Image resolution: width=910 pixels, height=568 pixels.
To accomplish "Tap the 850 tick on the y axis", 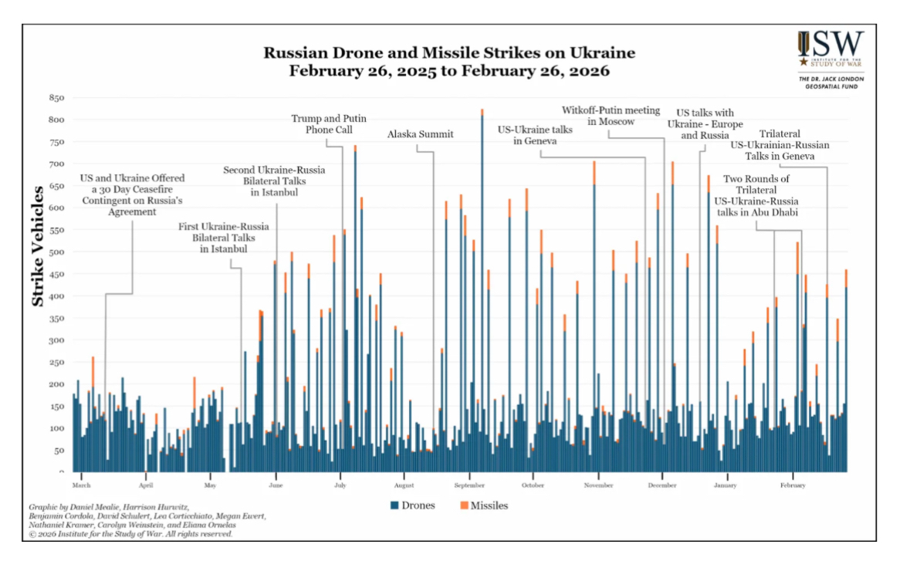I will (x=56, y=98).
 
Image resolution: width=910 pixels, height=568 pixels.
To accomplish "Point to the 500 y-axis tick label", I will (x=56, y=252).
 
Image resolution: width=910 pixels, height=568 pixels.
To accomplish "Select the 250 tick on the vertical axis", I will (x=56, y=362).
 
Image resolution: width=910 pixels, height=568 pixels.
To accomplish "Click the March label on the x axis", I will (x=81, y=485).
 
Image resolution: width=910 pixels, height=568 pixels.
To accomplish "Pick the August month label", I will (x=404, y=485).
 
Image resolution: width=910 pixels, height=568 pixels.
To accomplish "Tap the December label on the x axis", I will (x=662, y=485).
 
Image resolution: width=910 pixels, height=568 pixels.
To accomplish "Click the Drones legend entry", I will (x=413, y=505).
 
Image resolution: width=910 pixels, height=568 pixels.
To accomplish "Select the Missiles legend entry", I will (x=484, y=505).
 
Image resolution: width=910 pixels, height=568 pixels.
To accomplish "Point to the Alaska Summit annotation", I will (x=420, y=134).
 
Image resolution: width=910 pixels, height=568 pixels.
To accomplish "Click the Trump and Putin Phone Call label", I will (x=328, y=124).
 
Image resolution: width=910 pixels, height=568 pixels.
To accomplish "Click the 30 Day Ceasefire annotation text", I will (x=132, y=194).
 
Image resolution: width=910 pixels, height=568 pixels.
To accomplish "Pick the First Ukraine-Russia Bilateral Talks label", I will (x=224, y=238).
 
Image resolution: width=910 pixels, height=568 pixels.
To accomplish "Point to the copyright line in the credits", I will (x=130, y=533).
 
